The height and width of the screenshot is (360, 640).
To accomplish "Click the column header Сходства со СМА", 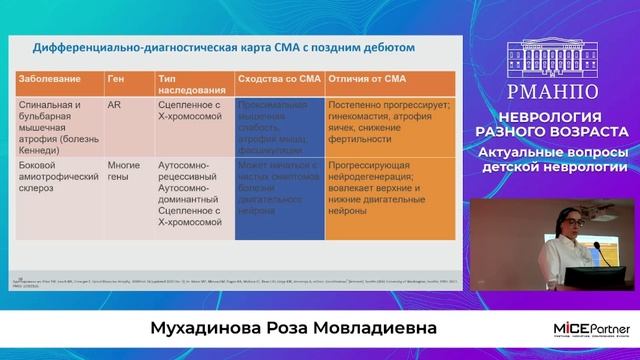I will [275, 78].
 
